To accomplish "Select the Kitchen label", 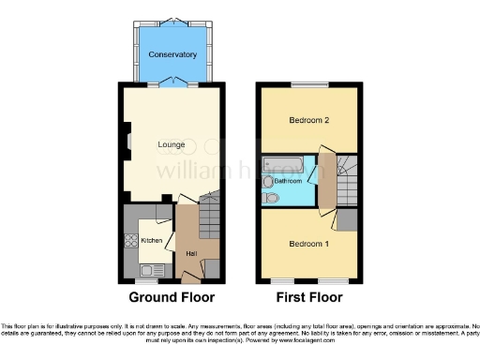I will [151, 241].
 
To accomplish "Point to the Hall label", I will [191, 254].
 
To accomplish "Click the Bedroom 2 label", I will [307, 122].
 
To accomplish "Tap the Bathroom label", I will [288, 180].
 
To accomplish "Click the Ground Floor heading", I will [172, 297].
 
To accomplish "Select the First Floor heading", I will [308, 297].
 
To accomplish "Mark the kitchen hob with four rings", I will [128, 240].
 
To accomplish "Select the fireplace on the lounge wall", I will [123, 143].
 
